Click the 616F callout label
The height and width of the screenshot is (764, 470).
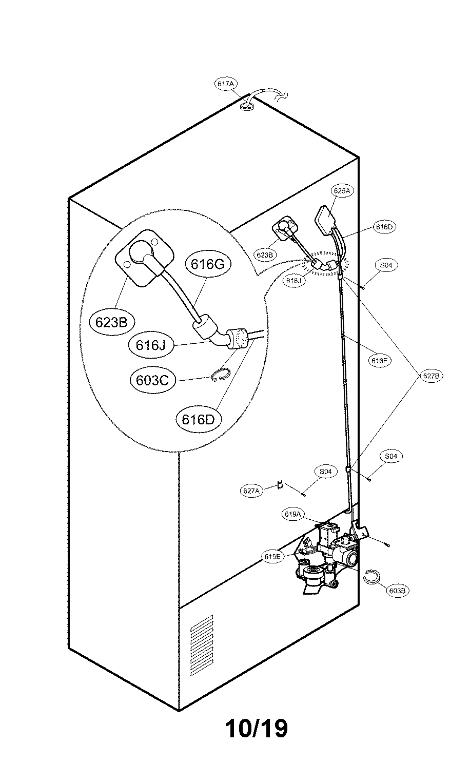(380, 360)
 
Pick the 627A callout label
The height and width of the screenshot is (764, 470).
(251, 491)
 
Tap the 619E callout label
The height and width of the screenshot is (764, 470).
(272, 556)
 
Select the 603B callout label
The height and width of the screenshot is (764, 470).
(398, 591)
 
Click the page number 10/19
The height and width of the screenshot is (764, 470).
(257, 728)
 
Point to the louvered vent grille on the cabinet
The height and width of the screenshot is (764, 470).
(201, 638)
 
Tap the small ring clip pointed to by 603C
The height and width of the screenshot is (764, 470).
(221, 376)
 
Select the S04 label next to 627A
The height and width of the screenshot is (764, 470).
(325, 471)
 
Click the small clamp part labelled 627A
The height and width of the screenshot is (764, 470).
(281, 484)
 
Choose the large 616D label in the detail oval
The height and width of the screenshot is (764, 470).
(198, 419)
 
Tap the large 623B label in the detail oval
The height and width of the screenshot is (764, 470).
(112, 322)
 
